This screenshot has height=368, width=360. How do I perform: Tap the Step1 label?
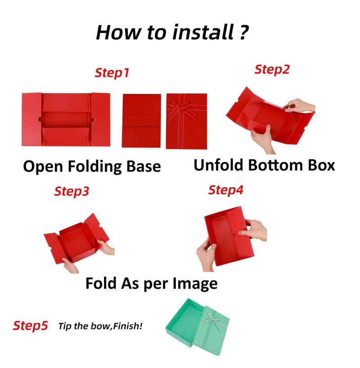(x=112, y=73)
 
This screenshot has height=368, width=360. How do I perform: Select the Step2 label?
(x=272, y=70)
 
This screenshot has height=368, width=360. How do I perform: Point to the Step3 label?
(x=72, y=192)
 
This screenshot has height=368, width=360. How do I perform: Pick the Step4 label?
(x=226, y=190)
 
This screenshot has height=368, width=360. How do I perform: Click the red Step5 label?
(x=30, y=326)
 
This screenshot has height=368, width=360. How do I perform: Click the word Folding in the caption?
(x=94, y=166)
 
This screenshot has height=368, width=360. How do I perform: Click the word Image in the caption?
(x=195, y=284)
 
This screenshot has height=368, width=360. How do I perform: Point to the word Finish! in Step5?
(x=127, y=326)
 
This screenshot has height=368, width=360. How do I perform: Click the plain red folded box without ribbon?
(x=141, y=121)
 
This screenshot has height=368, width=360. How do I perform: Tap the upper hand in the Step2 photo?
(x=299, y=105)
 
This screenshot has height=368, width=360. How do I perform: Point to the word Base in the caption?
(x=144, y=166)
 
